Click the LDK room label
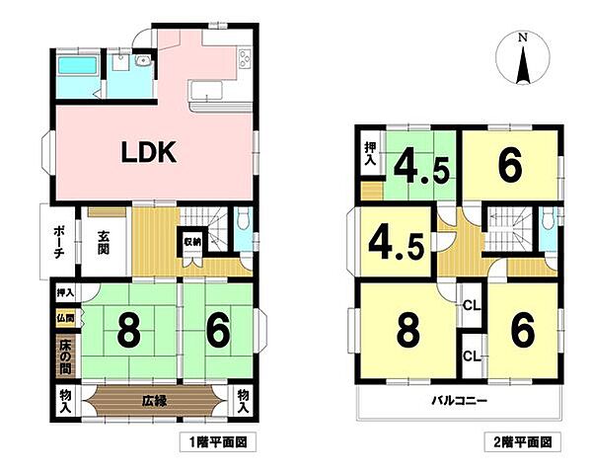(x=149, y=152)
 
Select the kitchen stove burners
(x=245, y=59)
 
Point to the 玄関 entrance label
(x=104, y=243)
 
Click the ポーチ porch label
(x=58, y=243)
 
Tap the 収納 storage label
(x=192, y=242)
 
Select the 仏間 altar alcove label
(x=65, y=318)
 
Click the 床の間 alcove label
(x=65, y=357)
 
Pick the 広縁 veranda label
(x=155, y=401)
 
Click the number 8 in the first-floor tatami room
(x=128, y=332)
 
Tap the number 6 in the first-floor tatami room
(x=218, y=332)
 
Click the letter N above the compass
(x=523, y=37)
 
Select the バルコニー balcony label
(x=460, y=401)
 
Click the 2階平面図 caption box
(x=523, y=441)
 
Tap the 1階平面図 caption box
(x=218, y=441)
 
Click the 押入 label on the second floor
(x=370, y=154)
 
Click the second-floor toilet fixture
(x=546, y=218)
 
